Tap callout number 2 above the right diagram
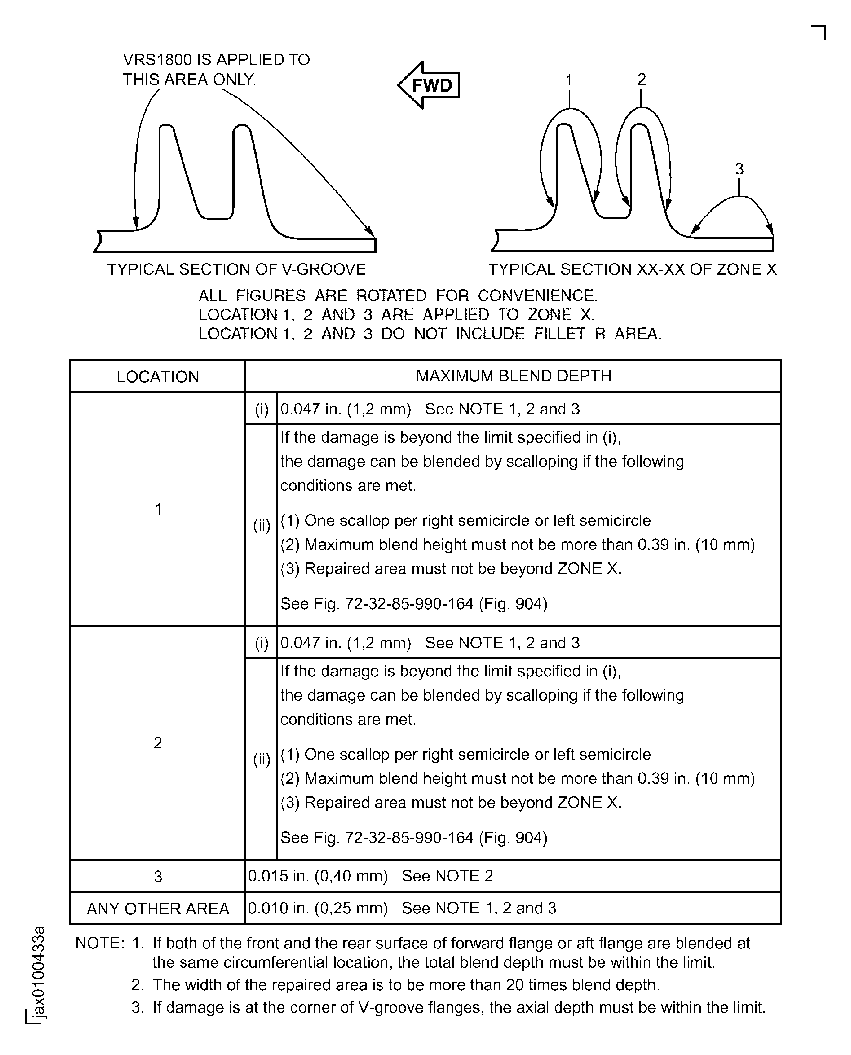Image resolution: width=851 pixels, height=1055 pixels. tap(641, 79)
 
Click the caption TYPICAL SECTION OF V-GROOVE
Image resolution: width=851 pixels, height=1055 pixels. tap(236, 269)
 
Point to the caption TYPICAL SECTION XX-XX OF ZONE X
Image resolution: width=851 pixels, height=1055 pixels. tap(632, 269)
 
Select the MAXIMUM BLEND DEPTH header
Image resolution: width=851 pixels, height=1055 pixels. tap(513, 376)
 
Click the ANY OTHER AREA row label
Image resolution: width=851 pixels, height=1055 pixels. tap(158, 909)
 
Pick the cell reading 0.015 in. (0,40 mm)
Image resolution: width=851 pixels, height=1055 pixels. tap(318, 876)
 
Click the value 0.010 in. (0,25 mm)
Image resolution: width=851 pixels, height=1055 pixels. tap(318, 908)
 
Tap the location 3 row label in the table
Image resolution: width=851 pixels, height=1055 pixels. tap(158, 877)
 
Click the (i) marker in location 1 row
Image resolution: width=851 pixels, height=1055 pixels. tap(261, 409)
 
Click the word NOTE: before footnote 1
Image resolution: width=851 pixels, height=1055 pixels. tap(100, 943)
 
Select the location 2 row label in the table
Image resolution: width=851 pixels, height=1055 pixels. tap(158, 743)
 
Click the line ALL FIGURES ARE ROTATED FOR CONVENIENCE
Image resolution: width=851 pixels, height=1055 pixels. tap(398, 296)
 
